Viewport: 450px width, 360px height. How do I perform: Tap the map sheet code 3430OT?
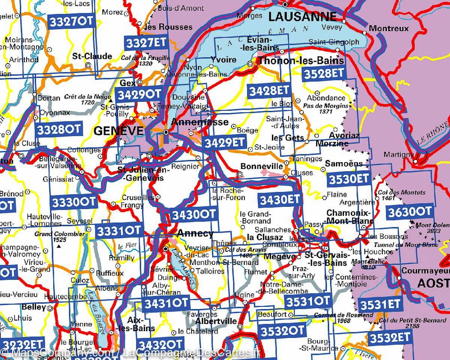click(x=194, y=214)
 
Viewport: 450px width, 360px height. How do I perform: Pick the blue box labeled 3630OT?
click(x=410, y=211)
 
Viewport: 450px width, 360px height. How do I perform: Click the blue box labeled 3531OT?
click(x=307, y=300)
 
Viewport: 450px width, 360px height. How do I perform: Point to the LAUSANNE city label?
click(x=302, y=16)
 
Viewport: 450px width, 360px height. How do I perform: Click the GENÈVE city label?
click(x=113, y=131)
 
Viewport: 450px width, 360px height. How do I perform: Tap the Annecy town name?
click(x=195, y=233)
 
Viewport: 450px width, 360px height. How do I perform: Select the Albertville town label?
click(x=216, y=321)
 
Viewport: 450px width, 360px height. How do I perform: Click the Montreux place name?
click(x=388, y=28)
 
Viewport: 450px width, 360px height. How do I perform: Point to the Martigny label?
click(x=399, y=154)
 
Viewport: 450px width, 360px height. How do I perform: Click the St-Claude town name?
click(x=92, y=56)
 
